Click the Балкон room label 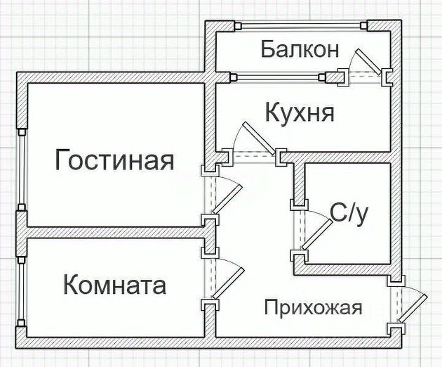(x=300, y=49)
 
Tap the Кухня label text (x=300, y=112)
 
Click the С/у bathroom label (x=349, y=214)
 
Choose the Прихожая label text (x=313, y=307)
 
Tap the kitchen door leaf (x=259, y=139)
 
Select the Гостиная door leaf (x=227, y=199)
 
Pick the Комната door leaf (x=228, y=283)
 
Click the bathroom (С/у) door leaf (x=317, y=234)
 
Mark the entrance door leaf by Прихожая (x=413, y=308)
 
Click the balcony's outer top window (x=302, y=26)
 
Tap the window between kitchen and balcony (x=278, y=77)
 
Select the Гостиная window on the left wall (x=22, y=169)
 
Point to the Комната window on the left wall (x=22, y=292)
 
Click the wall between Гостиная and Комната (x=116, y=233)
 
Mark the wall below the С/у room (x=347, y=270)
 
